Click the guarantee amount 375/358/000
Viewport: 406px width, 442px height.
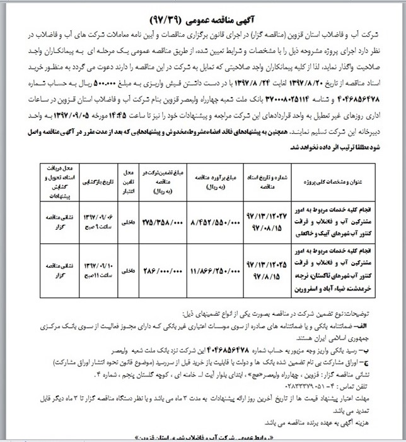pos(163,223)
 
